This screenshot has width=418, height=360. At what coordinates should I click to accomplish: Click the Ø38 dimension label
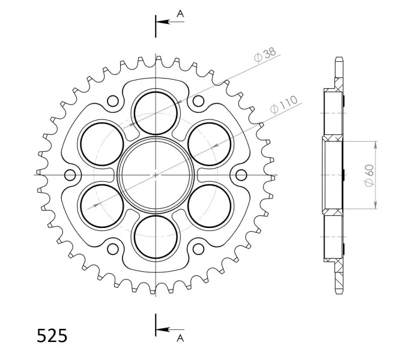click(265, 55)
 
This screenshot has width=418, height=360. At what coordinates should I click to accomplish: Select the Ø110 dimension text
click(283, 104)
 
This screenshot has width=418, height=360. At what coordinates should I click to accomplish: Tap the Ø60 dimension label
click(369, 175)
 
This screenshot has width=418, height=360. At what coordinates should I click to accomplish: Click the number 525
click(52, 335)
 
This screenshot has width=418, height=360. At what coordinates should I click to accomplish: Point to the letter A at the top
click(181, 13)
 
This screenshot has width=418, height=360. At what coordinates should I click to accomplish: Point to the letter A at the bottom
click(181, 338)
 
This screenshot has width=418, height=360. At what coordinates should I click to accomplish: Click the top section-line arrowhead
click(163, 22)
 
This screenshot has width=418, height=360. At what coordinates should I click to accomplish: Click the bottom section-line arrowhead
click(163, 329)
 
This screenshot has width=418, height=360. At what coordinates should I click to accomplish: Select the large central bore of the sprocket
click(156, 175)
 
